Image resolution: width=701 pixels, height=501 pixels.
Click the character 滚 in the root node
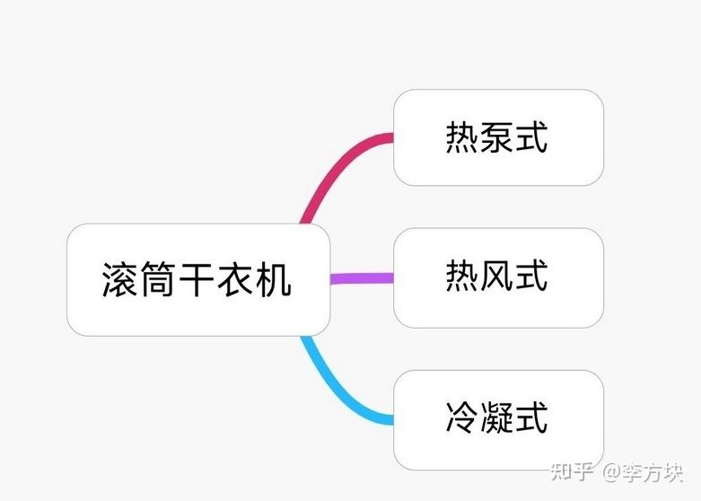pos(119,279)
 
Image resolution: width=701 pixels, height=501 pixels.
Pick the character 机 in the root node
pos(276,279)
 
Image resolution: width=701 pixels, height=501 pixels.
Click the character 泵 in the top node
pos(497,137)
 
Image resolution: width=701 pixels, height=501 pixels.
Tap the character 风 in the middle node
pos(497,276)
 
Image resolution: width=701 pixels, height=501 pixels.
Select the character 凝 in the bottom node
pos(497,418)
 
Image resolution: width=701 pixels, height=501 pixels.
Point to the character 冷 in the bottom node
pos(461,418)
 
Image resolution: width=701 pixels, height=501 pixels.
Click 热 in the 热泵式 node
pos(461,137)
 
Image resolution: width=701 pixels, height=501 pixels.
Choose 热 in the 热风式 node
pos(461,276)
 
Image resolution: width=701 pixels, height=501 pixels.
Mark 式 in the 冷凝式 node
pos(532,418)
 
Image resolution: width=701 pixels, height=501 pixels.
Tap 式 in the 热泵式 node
pos(532,137)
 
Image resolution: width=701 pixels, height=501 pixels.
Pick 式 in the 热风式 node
pos(532,276)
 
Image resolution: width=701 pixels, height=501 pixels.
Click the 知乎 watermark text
pos(572,470)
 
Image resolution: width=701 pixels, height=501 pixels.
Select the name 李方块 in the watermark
pos(654,470)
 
